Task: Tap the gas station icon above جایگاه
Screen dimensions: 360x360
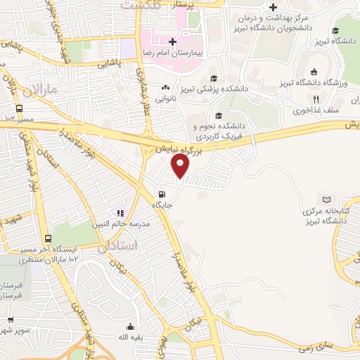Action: [162, 195]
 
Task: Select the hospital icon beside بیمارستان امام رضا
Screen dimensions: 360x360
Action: [172, 43]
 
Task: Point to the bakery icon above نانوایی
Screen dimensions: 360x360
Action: [166, 88]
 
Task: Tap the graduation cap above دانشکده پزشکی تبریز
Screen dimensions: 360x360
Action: [213, 79]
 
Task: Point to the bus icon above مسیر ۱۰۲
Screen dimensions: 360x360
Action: [19, 109]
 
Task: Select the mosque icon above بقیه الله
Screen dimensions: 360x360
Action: [130, 326]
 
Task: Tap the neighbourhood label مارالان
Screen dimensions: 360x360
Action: [34, 91]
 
